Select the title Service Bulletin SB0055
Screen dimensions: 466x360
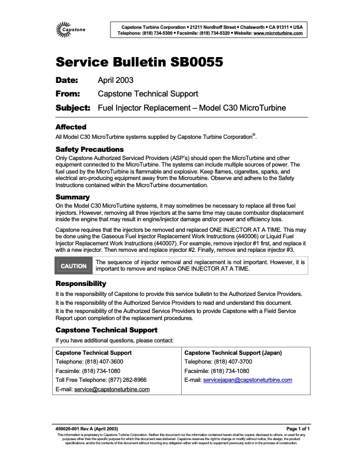pyautogui.click(x=138, y=63)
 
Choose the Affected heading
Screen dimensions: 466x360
pyautogui.click(x=71, y=127)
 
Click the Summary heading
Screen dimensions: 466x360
pyautogui.click(x=72, y=197)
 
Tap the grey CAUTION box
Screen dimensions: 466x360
pyautogui.click(x=74, y=266)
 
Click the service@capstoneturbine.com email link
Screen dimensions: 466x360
pyautogui.click(x=112, y=390)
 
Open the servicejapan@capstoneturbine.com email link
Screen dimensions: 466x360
pyautogui.click(x=247, y=380)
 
